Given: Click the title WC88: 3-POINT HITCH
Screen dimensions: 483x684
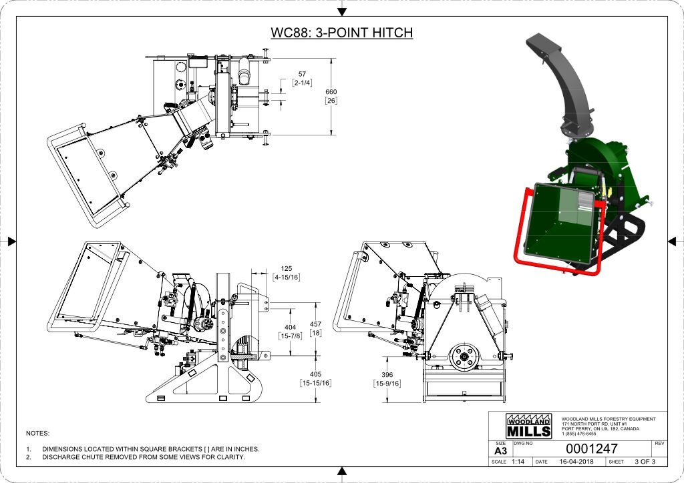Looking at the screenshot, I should [x=341, y=33].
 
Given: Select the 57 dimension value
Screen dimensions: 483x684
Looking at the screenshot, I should [x=302, y=73].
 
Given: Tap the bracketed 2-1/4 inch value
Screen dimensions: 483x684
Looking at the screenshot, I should [x=303, y=82].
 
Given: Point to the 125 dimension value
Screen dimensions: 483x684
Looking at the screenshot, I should [x=287, y=268].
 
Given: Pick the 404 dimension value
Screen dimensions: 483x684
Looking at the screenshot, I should [x=291, y=328].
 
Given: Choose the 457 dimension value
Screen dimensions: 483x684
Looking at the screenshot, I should [x=315, y=324].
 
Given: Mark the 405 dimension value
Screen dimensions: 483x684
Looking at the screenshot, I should [x=315, y=374].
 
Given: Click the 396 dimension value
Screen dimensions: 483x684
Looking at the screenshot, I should [x=387, y=375].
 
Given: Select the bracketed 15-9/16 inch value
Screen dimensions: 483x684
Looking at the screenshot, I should [x=387, y=384].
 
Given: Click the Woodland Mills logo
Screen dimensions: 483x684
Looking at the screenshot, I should [x=529, y=427].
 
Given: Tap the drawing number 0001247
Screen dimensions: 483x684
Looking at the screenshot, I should [x=592, y=449].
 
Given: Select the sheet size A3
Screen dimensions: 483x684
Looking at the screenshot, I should [x=500, y=451].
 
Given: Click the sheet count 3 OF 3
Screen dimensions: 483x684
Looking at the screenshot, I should [x=645, y=462].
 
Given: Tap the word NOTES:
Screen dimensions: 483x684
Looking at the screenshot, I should [x=37, y=434].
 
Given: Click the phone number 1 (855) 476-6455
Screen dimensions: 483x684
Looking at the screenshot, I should [x=578, y=434].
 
